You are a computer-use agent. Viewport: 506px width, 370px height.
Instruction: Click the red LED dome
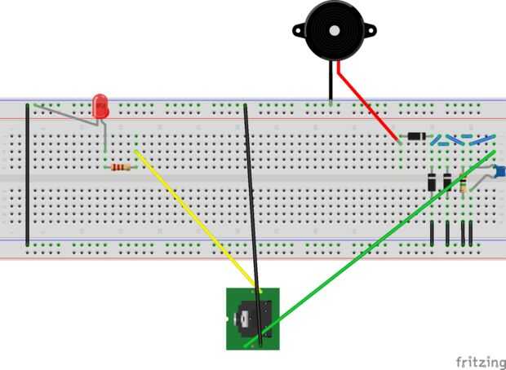tap(100, 107)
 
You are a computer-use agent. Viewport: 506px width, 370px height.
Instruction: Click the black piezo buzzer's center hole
tap(335, 31)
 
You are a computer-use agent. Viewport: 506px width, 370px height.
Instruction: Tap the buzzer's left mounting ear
tap(300, 30)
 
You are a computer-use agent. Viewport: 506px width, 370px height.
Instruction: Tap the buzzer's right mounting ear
tap(370, 31)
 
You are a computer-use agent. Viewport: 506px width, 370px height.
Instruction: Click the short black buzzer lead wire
tap(331, 82)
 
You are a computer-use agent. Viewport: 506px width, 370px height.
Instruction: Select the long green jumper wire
tap(370, 249)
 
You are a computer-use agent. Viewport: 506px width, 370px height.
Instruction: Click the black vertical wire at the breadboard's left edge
tap(28, 174)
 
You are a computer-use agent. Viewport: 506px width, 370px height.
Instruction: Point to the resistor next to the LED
tap(121, 167)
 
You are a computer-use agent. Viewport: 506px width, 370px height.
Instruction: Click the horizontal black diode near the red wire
tap(416, 136)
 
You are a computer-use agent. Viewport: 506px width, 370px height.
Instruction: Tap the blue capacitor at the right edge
tap(500, 170)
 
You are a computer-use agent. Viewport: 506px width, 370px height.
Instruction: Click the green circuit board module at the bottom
tap(253, 319)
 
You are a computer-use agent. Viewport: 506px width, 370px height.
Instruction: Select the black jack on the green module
tap(253, 319)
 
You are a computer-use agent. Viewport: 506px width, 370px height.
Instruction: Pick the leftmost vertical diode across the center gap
tap(432, 182)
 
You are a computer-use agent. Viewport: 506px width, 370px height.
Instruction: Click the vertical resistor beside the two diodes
tap(463, 186)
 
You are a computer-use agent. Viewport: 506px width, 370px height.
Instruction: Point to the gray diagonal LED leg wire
tap(66, 114)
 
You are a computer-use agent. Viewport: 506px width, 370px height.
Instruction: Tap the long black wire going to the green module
tap(253, 225)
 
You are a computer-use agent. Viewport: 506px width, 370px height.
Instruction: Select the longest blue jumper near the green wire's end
tap(482, 140)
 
